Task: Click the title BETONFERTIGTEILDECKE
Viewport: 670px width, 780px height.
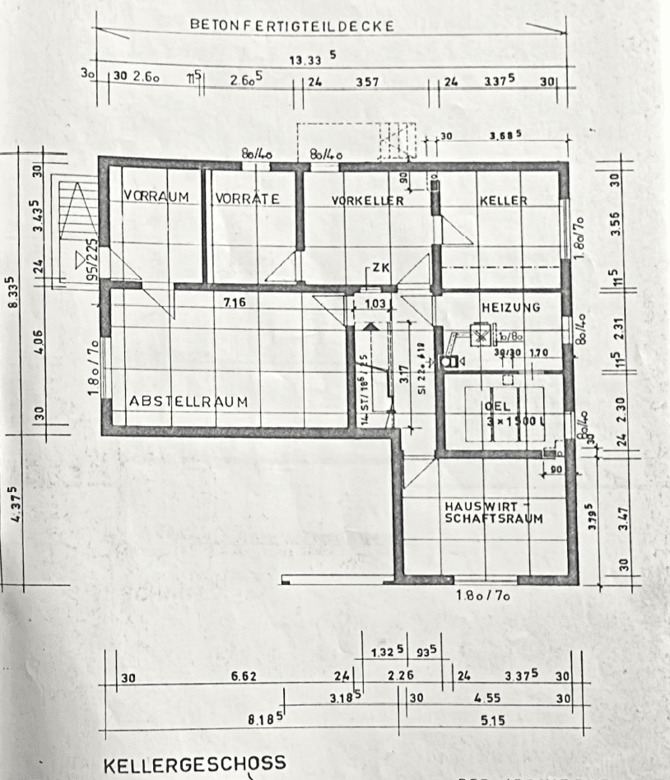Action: point(292,26)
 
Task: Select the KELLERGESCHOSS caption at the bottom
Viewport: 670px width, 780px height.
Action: point(194,763)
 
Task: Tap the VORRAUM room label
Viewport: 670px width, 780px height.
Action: point(156,197)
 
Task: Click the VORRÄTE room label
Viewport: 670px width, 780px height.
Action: point(248,199)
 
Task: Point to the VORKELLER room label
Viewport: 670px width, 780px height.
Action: point(367,201)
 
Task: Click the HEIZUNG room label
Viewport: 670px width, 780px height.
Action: point(510,308)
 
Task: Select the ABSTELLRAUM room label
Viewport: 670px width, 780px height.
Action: point(188,401)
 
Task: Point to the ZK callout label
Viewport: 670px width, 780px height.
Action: point(379,268)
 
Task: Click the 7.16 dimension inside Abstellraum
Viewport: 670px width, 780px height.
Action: point(235,303)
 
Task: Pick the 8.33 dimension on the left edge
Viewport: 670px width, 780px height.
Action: point(10,291)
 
